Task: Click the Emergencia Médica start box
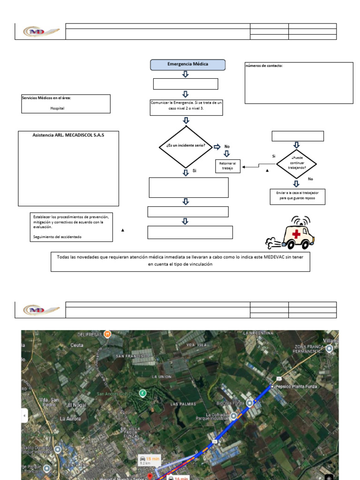187,64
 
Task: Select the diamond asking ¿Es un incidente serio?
186,146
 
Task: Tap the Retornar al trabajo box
228,166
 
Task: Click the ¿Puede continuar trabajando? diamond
296,163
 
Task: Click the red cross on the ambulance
296,233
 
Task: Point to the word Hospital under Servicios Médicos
57,108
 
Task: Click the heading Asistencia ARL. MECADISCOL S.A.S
68,135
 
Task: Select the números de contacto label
264,66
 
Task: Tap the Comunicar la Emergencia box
186,105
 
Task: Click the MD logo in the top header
40,31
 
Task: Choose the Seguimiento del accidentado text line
57,237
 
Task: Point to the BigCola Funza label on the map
231,403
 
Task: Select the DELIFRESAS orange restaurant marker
107,334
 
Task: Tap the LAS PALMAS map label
181,404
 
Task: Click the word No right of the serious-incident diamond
227,147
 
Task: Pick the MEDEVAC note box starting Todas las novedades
180,261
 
